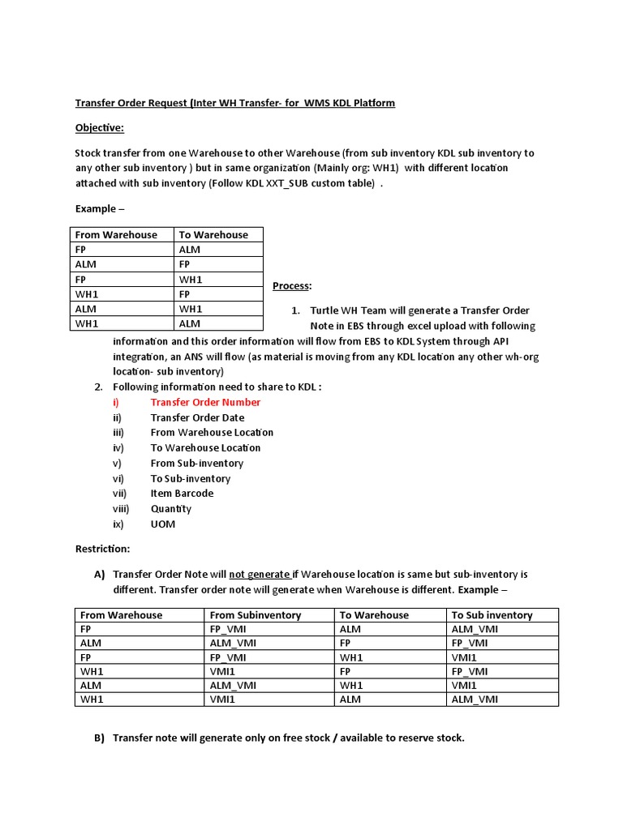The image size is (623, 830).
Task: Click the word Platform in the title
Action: click(373, 104)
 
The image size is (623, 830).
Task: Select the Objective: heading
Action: click(100, 128)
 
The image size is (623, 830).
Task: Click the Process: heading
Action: click(292, 286)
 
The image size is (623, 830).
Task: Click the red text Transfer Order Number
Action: click(205, 402)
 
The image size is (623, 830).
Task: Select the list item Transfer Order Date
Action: click(197, 417)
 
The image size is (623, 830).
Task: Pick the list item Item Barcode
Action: click(182, 493)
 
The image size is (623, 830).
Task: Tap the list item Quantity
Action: click(171, 508)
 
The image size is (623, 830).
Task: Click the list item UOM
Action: click(162, 524)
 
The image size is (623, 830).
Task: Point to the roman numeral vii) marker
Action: click(120, 493)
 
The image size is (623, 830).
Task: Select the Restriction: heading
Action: click(102, 549)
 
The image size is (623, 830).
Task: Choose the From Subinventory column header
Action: click(256, 615)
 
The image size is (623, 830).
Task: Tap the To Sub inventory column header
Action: click(492, 615)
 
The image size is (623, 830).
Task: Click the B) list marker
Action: click(100, 738)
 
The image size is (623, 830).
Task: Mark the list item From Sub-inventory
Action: click(196, 463)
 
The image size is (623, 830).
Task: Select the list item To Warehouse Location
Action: click(205, 447)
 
